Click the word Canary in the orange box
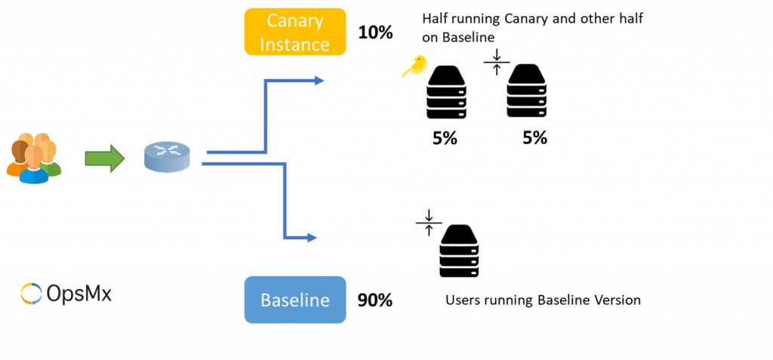point(295,20)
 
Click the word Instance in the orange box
point(295,43)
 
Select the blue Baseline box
point(295,300)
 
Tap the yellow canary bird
point(414,66)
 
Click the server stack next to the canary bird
point(447,91)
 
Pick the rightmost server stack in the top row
point(526,90)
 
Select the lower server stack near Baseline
point(460,251)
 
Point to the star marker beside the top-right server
point(497,62)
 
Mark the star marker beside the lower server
point(429,222)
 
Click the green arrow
point(104,158)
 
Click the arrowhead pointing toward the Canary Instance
point(319,80)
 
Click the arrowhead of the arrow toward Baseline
point(312,238)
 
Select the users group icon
point(33,158)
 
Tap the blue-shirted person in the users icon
point(34,168)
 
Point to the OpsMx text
point(79,294)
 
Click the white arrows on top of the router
point(167,150)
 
